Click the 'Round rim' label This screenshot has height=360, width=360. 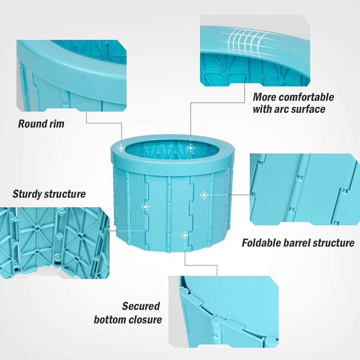click(41, 123)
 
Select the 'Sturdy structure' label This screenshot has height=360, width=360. click(49, 194)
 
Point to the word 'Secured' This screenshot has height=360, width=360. click(141, 306)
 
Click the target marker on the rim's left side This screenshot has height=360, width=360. click(121, 148)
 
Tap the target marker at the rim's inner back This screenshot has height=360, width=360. click(190, 148)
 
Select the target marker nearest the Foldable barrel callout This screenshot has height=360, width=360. click(204, 195)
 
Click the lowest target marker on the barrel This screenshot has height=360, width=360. click(184, 235)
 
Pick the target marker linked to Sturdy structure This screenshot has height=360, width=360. click(145, 207)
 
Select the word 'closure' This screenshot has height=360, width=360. click(145, 319)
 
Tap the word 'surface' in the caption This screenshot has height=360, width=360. click(309, 109)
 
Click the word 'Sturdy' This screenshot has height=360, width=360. click(27, 194)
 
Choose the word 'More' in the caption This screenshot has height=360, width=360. click(262, 97)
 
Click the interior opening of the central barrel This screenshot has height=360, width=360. click(172, 149)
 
